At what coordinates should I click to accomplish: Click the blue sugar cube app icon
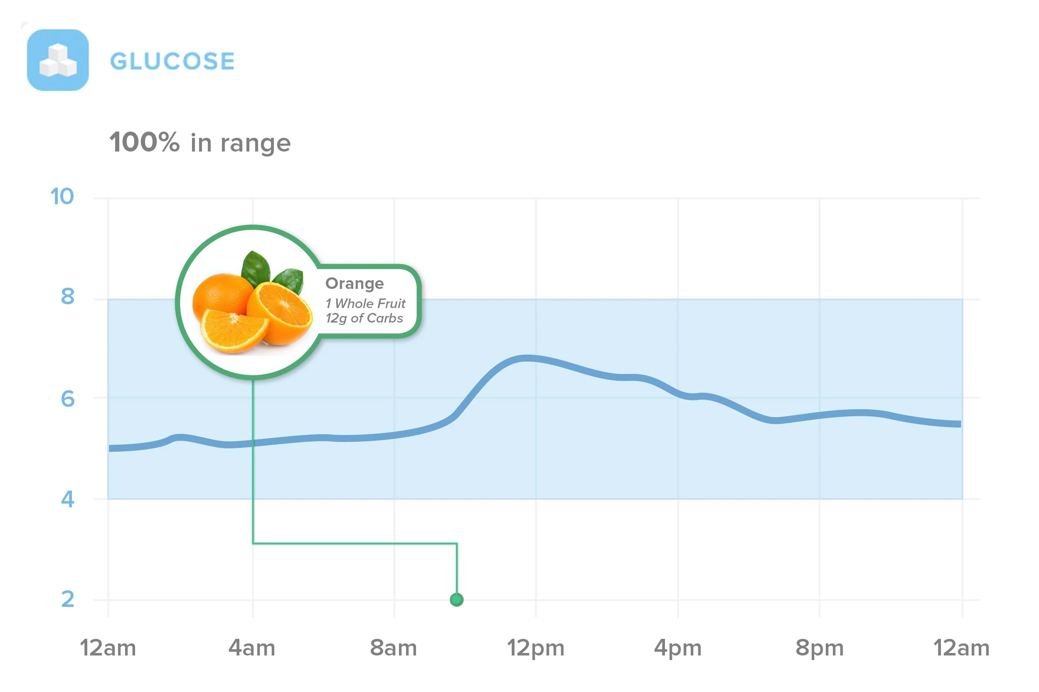pos(58,60)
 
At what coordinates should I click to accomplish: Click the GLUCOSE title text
pos(172,61)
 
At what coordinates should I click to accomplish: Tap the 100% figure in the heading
pos(145,142)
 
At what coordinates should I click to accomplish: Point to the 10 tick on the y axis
pos(62,196)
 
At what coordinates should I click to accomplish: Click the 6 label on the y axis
pos(68,399)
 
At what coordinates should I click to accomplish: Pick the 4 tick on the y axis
pos(68,499)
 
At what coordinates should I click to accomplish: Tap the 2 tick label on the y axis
pos(68,599)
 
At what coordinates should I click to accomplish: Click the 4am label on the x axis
pos(252,648)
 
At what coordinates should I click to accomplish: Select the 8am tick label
pos(394,648)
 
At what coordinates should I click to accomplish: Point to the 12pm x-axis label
pos(536,649)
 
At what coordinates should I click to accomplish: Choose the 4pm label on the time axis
pos(678,649)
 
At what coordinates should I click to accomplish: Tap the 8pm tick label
pos(820,649)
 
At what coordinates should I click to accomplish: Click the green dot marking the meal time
pos(457,600)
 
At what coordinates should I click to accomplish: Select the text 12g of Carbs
pos(364,319)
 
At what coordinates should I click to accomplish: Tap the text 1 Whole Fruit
pos(365,303)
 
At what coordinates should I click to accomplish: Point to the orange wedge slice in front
pos(234,330)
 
